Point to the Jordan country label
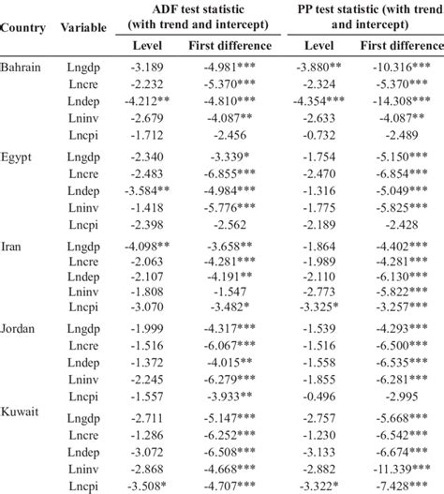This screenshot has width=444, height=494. click(19, 336)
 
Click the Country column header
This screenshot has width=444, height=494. click(24, 26)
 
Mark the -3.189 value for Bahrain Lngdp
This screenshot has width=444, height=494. click(151, 67)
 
